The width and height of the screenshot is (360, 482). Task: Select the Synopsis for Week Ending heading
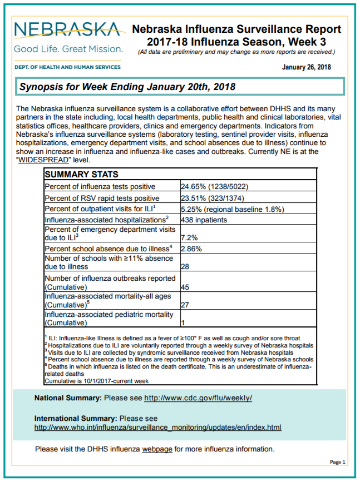(x=127, y=87)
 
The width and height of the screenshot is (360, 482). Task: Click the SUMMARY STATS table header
(x=81, y=175)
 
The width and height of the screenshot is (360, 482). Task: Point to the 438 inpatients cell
(x=204, y=220)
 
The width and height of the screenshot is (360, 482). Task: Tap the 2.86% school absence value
(x=191, y=249)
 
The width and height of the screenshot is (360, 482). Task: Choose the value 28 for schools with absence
(x=185, y=267)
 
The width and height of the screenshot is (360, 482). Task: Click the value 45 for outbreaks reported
(x=185, y=287)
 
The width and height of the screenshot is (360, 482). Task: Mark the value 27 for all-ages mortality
(x=185, y=305)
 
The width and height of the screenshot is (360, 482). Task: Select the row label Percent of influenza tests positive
(x=100, y=187)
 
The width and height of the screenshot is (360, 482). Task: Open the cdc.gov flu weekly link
(x=198, y=398)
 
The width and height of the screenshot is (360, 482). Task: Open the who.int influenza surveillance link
(x=157, y=428)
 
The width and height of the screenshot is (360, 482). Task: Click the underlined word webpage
(x=157, y=449)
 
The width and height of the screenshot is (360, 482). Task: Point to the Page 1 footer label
(x=337, y=462)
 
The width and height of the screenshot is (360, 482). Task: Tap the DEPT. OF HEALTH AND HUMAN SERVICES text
(x=67, y=67)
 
